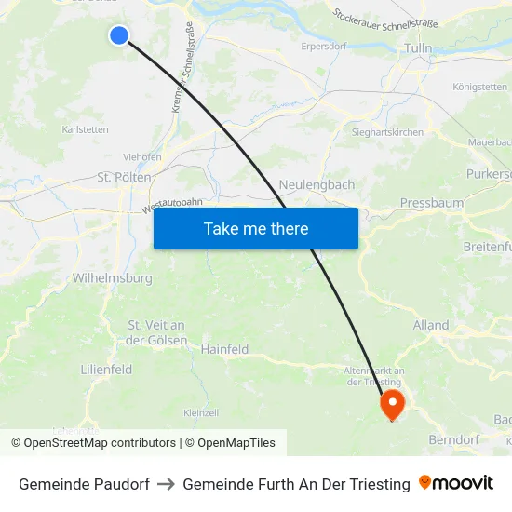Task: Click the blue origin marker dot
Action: tap(118, 35)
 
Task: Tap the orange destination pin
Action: tap(392, 404)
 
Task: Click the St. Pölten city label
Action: tap(124, 177)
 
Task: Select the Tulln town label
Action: tap(418, 47)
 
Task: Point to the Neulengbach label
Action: tap(317, 184)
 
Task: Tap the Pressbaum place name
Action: tap(430, 202)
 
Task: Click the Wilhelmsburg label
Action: tap(112, 277)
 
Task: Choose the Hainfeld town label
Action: tap(224, 349)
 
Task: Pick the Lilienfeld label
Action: tap(106, 370)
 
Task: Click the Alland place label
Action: tap(430, 325)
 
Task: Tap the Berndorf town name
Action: tap(453, 438)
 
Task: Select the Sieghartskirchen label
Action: tap(387, 132)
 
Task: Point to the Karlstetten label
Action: tap(85, 129)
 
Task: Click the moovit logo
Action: tap(456, 483)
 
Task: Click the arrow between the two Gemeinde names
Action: tap(167, 484)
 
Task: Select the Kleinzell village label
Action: tap(201, 412)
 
